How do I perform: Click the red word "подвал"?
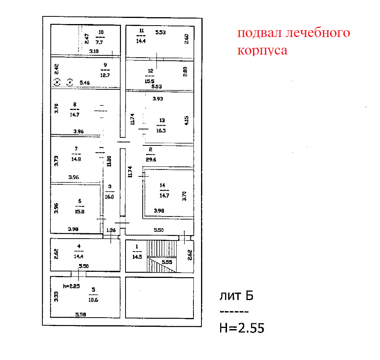pos(259,34)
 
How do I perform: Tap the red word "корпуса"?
pos(262,51)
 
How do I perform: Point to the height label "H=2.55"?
pos(242,328)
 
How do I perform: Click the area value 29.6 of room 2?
pos(151,160)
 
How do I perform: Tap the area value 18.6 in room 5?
pos(93,300)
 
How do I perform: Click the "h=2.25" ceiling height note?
pos(71,286)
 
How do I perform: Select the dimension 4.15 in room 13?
pos(187,120)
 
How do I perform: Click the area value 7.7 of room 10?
pos(100,39)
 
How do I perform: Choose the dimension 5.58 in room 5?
pos(81,315)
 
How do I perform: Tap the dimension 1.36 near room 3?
pos(111,230)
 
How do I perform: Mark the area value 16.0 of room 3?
pos(109,197)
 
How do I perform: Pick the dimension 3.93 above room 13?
pos(158,99)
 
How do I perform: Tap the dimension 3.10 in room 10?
pos(94,51)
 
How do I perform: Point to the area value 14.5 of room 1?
pos(136,257)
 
